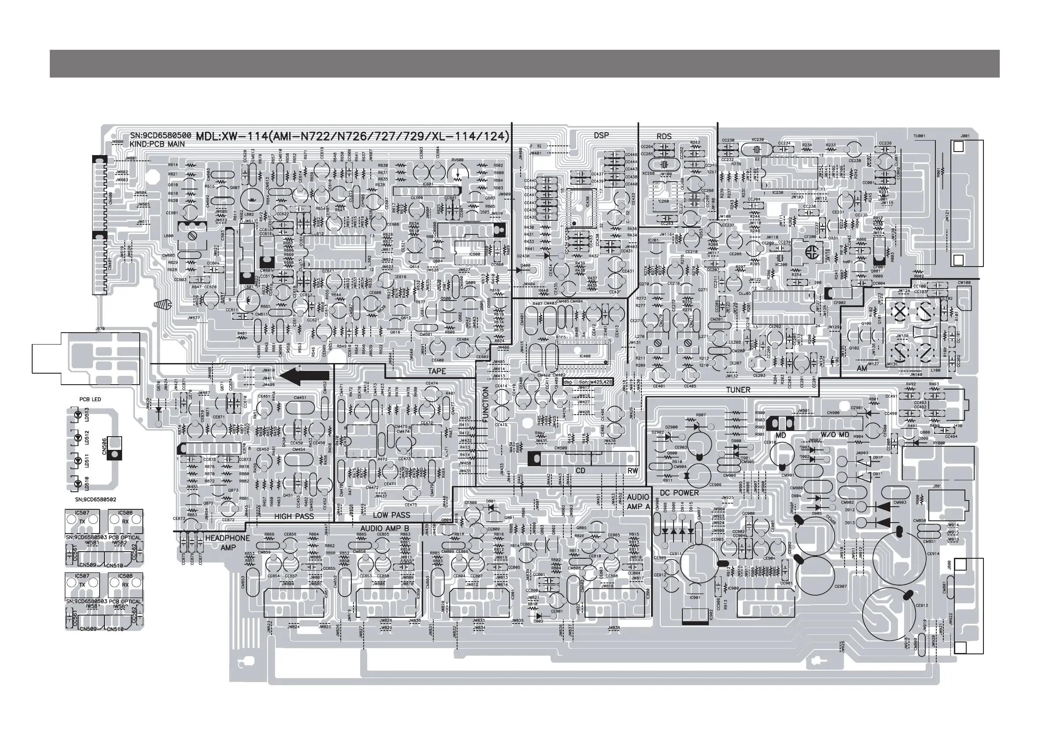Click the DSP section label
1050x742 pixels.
(601, 135)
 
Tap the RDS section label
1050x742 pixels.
(664, 136)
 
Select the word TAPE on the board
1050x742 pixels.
(437, 371)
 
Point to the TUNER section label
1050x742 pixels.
(738, 390)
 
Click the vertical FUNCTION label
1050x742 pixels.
(486, 404)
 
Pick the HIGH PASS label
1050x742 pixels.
(294, 516)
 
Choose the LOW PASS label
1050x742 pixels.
(391, 515)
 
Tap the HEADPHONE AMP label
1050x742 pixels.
(227, 543)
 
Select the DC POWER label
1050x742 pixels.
(679, 493)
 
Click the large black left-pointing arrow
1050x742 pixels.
(304, 377)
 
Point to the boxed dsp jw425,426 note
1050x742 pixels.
(588, 382)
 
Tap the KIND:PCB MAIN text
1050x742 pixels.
(157, 144)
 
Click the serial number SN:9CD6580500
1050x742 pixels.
(160, 136)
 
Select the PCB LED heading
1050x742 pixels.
(90, 399)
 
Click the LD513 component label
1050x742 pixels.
(87, 414)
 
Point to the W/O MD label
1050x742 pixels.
(834, 435)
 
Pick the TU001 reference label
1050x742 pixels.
(919, 136)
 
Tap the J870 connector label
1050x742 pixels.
(100, 329)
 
